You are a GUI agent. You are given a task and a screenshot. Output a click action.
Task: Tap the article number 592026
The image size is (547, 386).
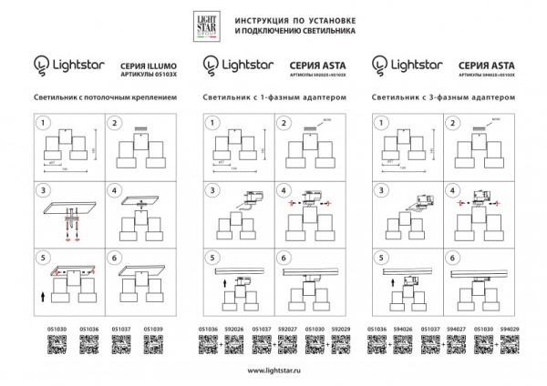pyautogui.click(x=235, y=330)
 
